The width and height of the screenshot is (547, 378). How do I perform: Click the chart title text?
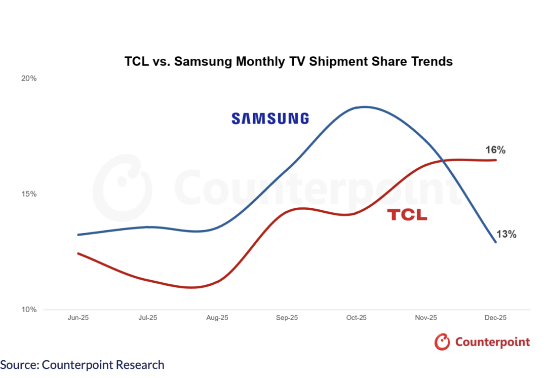[x=288, y=62]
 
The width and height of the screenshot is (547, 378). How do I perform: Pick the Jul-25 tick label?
[x=147, y=318]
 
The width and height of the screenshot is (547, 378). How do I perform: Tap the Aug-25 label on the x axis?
[x=217, y=318]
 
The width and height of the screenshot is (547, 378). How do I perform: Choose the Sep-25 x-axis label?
[x=287, y=318]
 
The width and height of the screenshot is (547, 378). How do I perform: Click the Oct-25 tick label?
[x=356, y=318]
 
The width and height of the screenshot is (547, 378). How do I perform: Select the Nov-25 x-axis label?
[x=426, y=318]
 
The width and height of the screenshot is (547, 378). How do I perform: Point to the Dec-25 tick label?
[x=495, y=318]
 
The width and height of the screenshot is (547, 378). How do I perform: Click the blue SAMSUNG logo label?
[x=270, y=119]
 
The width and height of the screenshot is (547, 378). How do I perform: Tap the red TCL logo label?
[x=407, y=215]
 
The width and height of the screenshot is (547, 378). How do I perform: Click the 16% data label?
[x=495, y=150]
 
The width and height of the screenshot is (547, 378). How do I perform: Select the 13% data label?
[x=506, y=234]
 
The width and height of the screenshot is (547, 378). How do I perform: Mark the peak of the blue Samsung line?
[x=364, y=107]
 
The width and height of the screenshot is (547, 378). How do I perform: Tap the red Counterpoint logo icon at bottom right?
[x=442, y=342]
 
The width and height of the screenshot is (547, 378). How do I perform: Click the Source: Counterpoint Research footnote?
[x=82, y=364]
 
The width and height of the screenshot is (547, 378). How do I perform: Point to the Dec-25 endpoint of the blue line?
[x=495, y=242]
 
